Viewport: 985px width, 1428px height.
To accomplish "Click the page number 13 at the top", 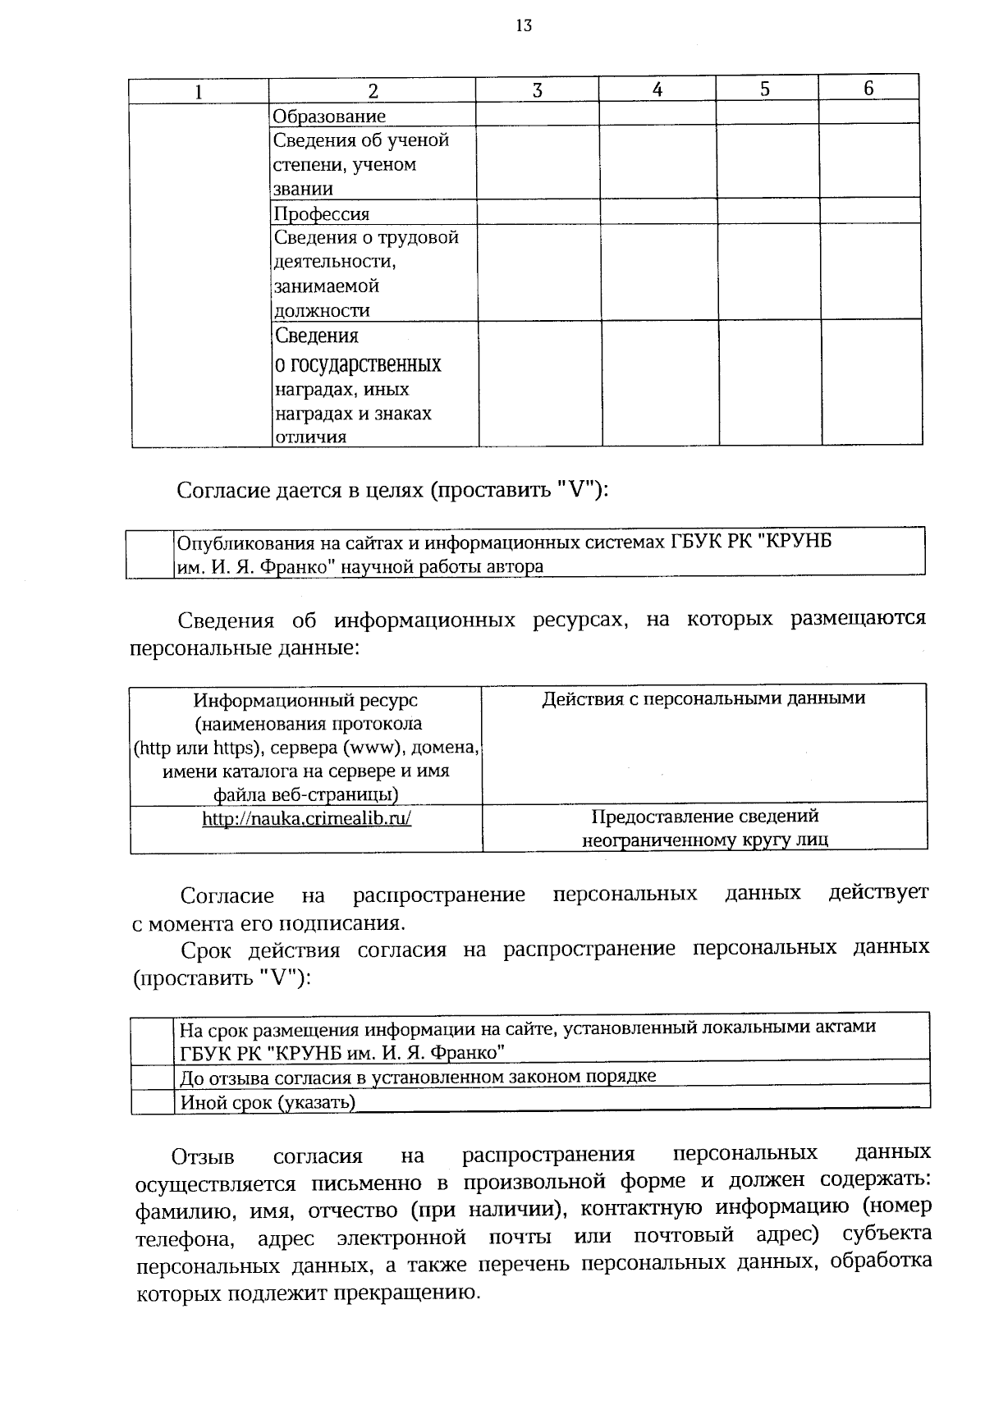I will (x=524, y=25).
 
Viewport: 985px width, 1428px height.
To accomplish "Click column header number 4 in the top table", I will (x=657, y=89).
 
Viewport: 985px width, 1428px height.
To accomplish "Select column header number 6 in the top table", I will (x=868, y=89).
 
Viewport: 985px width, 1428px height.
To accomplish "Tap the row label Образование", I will (x=328, y=116).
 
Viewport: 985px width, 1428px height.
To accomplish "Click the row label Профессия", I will (x=321, y=214).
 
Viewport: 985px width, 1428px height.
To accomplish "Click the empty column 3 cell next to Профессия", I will (x=538, y=213).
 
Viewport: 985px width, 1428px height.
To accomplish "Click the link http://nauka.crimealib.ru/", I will (x=306, y=818).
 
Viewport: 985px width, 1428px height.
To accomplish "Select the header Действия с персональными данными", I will (x=703, y=698).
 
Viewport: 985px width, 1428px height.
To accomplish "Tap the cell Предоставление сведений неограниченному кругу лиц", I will (x=705, y=828).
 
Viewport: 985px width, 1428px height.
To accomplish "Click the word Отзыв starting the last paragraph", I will (x=203, y=1157).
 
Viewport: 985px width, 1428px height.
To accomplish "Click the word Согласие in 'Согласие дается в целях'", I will (x=222, y=491).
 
